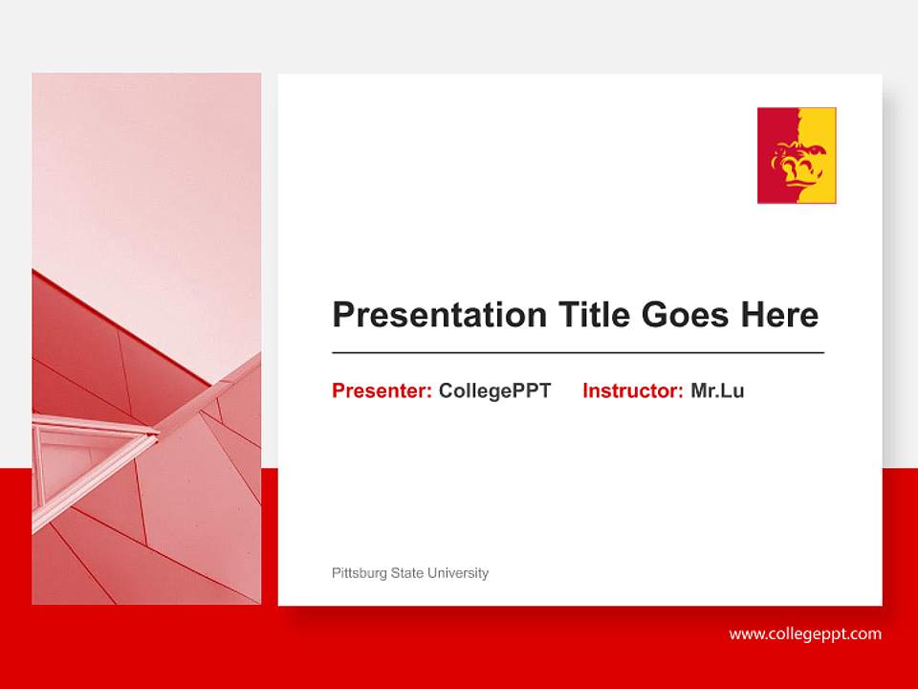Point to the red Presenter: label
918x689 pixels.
pyautogui.click(x=382, y=390)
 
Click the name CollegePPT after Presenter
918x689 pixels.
pyautogui.click(x=494, y=390)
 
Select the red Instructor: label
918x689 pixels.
pyautogui.click(x=632, y=390)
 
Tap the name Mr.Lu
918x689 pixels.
pyautogui.click(x=717, y=390)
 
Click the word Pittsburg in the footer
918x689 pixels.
pyautogui.click(x=360, y=573)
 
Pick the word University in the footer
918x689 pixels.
pyautogui.click(x=458, y=573)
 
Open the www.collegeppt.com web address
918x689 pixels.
pyautogui.click(x=805, y=633)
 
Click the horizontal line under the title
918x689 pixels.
pyautogui.click(x=578, y=353)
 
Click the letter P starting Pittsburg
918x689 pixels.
pyautogui.click(x=336, y=573)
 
